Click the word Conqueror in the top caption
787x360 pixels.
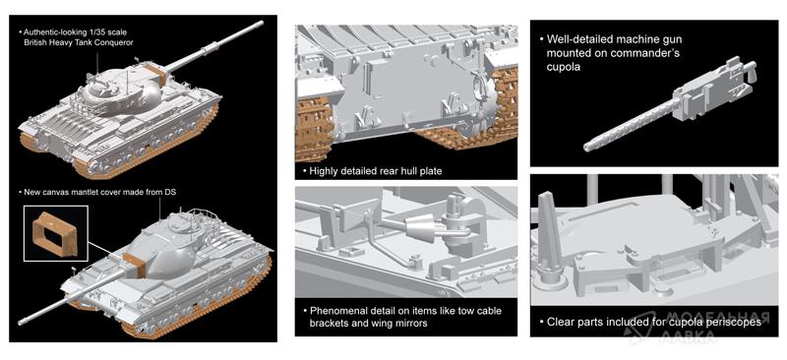(x=115, y=42)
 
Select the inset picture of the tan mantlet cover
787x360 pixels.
(x=56, y=233)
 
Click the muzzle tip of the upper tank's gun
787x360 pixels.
(x=261, y=23)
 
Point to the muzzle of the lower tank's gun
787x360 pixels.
(x=21, y=321)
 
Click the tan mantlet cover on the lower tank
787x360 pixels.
(x=134, y=265)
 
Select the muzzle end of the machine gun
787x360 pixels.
(x=587, y=148)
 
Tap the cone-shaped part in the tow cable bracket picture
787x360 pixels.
(x=420, y=230)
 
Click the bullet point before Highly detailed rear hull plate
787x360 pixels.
(x=304, y=172)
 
